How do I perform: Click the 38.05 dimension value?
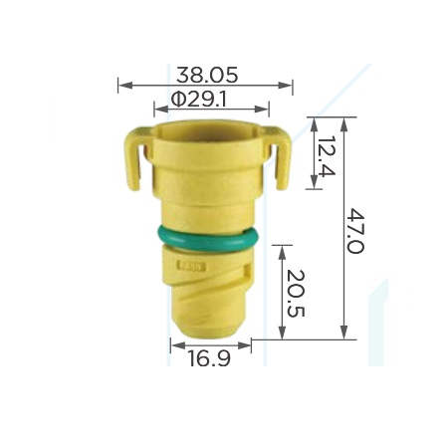click(207, 75)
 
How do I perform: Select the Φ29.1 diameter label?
click(199, 99)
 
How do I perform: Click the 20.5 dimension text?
click(296, 294)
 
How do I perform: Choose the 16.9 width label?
click(209, 358)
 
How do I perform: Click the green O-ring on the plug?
click(208, 238)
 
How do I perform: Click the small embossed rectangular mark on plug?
click(192, 267)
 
